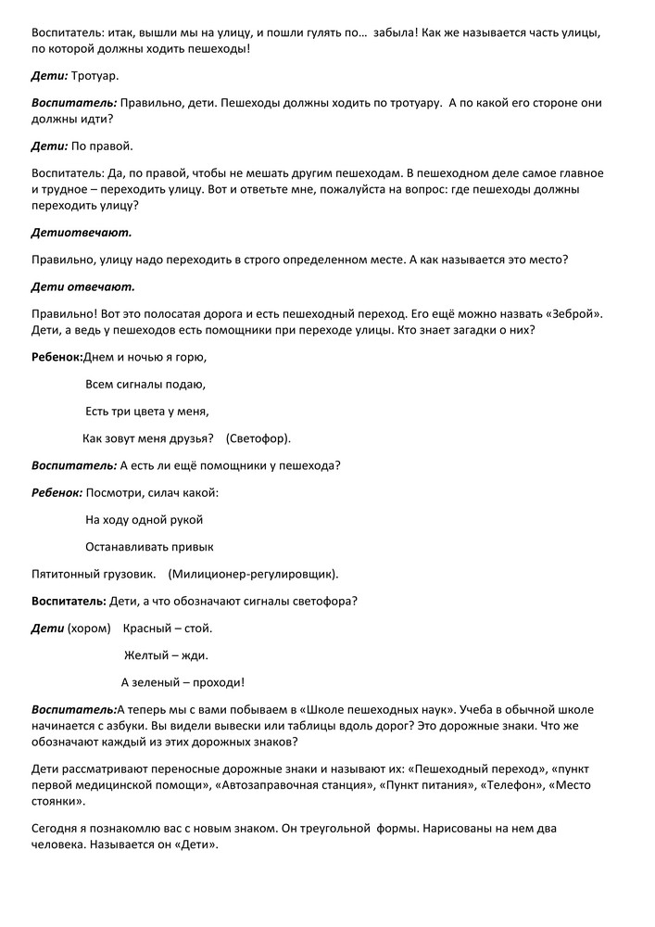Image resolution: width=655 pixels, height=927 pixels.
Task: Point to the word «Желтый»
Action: (x=146, y=655)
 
